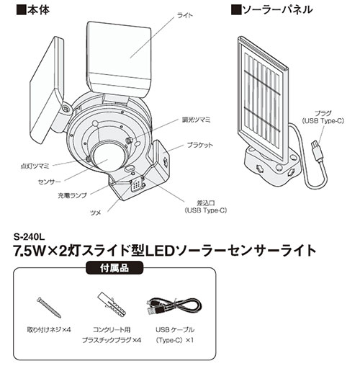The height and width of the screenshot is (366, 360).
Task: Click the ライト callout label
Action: (x=185, y=16)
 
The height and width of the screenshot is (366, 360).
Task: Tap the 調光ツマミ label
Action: (x=197, y=120)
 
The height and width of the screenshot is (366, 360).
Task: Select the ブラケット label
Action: (x=200, y=145)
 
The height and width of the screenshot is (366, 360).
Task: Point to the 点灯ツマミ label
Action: (x=35, y=166)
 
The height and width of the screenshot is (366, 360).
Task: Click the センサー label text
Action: (x=50, y=182)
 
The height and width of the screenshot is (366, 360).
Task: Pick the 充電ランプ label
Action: (x=72, y=195)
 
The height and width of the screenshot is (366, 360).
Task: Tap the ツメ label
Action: (x=95, y=213)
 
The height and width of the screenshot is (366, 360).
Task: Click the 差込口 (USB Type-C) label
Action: (x=206, y=207)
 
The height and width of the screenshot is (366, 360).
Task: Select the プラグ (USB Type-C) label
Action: (x=323, y=117)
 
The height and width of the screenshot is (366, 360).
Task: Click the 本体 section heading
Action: (x=33, y=10)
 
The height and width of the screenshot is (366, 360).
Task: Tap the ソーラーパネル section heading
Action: (x=272, y=10)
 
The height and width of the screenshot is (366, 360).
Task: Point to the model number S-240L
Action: (x=29, y=237)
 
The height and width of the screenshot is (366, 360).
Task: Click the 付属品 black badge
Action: (x=114, y=268)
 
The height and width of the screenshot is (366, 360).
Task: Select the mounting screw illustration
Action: (x=49, y=307)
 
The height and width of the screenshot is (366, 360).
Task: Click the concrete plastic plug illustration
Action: (x=112, y=305)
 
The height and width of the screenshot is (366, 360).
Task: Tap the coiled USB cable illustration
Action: (x=174, y=306)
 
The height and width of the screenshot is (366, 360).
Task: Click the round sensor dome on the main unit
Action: (x=109, y=158)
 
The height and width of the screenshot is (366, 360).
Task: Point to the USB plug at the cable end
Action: (x=316, y=150)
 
